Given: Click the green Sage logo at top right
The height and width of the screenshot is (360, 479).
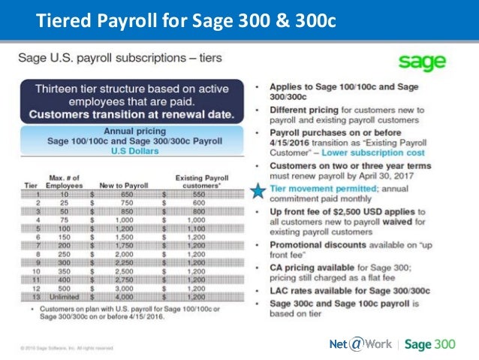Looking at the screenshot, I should click(421, 62).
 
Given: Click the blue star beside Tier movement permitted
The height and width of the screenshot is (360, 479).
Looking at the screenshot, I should click(258, 191).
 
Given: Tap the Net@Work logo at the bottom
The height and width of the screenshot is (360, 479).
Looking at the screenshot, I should click(359, 344).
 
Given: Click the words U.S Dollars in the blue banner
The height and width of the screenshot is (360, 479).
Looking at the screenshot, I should click(136, 151).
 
